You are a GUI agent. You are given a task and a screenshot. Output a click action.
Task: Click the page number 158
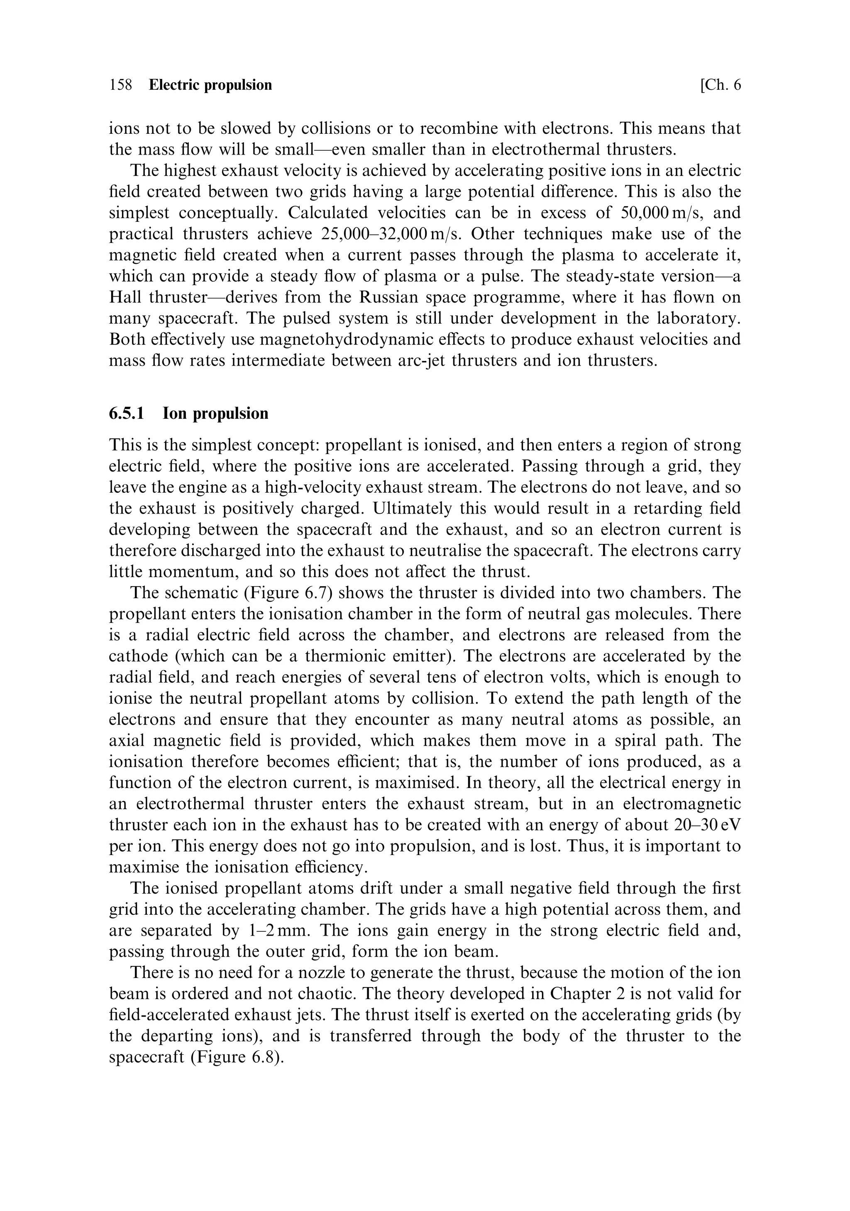pyautogui.click(x=121, y=85)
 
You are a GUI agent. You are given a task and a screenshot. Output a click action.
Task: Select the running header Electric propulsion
pyautogui.click(x=210, y=85)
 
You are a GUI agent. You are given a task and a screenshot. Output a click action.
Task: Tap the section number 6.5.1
pyautogui.click(x=127, y=413)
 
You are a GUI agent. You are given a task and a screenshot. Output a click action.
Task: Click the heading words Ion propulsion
pyautogui.click(x=215, y=413)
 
